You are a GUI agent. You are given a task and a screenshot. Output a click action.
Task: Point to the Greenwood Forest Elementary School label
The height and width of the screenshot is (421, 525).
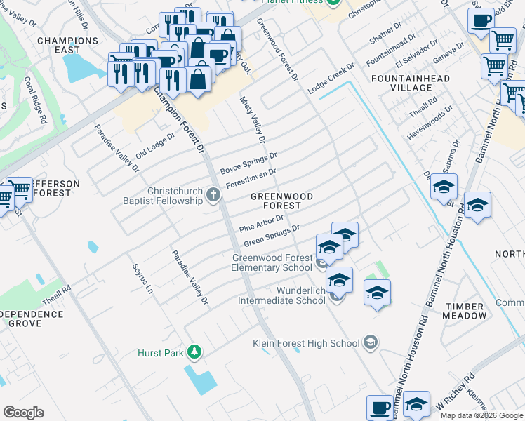[x=272, y=262]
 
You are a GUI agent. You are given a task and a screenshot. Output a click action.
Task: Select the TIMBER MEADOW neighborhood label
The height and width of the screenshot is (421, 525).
[x=464, y=311]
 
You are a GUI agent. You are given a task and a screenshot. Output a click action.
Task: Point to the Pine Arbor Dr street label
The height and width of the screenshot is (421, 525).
[x=260, y=224]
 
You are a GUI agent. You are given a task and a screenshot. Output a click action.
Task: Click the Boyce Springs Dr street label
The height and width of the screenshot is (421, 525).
[x=248, y=163]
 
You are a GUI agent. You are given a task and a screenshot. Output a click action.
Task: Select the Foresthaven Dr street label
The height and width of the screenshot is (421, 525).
[x=250, y=178]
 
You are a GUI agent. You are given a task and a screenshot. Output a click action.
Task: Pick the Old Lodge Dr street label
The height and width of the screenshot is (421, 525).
[x=155, y=145]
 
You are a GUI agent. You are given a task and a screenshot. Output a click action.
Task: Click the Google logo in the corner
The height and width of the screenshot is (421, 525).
[x=23, y=413]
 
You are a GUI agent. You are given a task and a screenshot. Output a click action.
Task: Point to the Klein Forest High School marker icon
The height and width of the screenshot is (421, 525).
[x=371, y=343]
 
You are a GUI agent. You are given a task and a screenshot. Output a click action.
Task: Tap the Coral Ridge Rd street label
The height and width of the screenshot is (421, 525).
[x=34, y=101]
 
